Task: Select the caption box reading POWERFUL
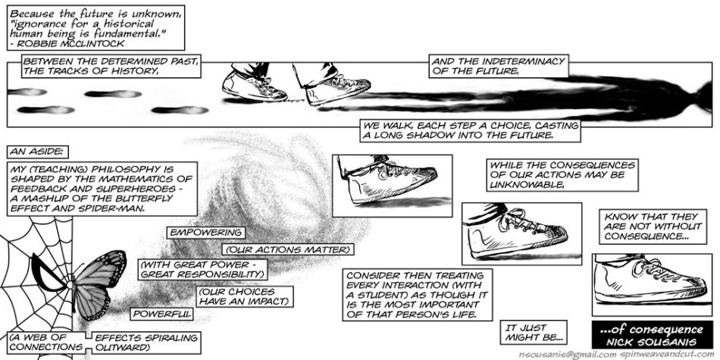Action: point(161,314)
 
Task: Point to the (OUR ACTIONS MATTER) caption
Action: point(288,249)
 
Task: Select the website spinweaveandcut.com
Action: point(666,355)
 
